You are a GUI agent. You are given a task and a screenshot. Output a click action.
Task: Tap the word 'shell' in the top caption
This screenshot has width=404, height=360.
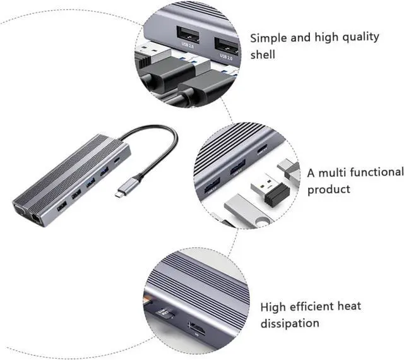(x=263, y=55)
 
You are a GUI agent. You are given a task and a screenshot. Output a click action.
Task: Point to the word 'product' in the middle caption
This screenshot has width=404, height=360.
(x=329, y=189)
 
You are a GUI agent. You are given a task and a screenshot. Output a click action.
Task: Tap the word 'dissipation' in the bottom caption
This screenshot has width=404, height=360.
(x=290, y=323)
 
